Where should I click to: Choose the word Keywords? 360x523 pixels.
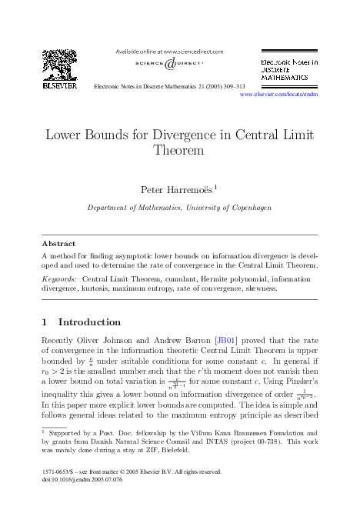58,278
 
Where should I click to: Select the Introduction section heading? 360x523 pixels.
89,321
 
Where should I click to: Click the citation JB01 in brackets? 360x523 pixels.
225,339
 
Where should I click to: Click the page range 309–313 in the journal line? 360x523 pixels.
230,87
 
